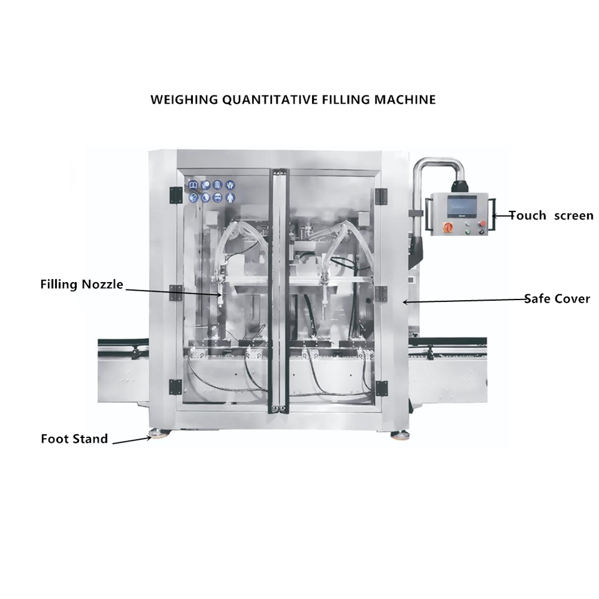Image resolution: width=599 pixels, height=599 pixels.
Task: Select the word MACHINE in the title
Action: (405, 100)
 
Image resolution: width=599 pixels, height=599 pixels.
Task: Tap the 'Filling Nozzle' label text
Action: (82, 285)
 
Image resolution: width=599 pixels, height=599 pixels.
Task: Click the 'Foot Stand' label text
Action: (74, 439)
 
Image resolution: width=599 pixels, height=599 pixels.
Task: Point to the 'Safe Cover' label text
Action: (557, 298)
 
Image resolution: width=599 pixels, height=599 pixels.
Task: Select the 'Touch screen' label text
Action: (551, 215)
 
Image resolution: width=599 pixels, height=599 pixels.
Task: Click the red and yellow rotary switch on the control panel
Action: (447, 226)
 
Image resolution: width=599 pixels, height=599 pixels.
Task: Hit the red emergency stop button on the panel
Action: (483, 223)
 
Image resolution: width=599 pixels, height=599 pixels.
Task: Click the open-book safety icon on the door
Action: (193, 185)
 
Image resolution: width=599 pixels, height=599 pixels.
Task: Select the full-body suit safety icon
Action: (230, 198)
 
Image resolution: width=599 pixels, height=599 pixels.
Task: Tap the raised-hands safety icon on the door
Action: (230, 185)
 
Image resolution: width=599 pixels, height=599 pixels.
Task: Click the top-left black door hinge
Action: (176, 195)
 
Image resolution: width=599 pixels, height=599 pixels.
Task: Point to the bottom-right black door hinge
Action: (381, 388)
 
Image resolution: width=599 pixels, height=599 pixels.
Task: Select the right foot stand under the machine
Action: (399, 435)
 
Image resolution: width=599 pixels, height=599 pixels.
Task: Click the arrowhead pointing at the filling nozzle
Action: (219, 294)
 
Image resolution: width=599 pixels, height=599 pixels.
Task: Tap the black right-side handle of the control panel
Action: (493, 215)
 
